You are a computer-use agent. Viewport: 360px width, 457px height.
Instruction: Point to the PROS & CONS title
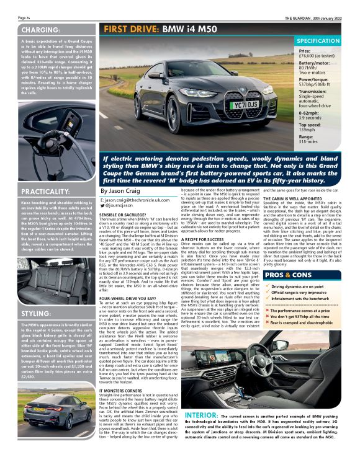coord(287,274)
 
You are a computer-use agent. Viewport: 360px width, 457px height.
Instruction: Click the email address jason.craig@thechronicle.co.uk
coord(137,201)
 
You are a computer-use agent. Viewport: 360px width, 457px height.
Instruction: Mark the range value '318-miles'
coord(309,141)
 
